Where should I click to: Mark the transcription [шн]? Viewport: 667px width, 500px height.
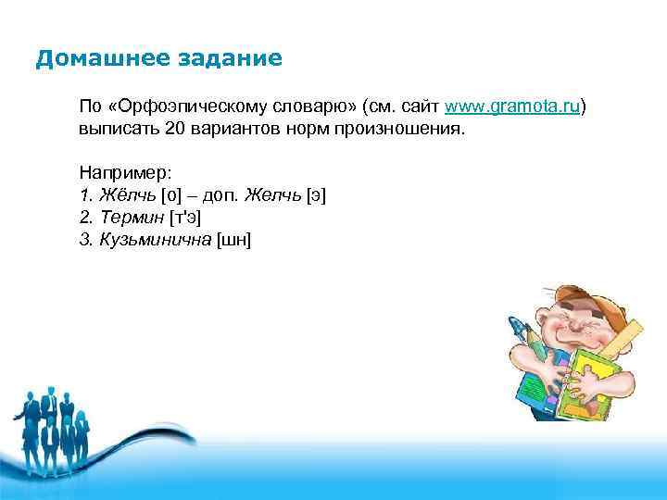tap(233, 240)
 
